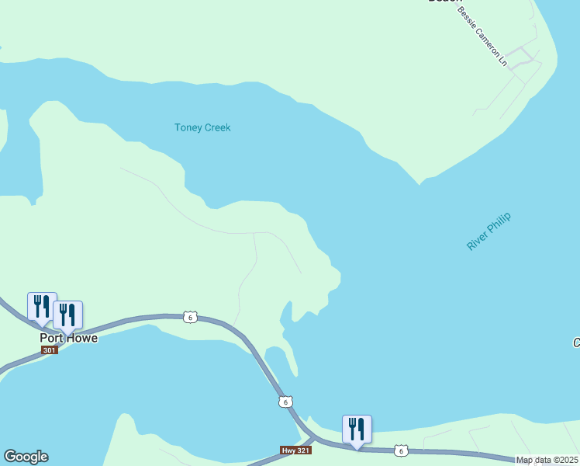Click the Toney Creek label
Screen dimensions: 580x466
click(202, 127)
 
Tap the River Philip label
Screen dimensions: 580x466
click(490, 231)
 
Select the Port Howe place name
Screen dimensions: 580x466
click(69, 339)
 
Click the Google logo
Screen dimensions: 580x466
click(26, 457)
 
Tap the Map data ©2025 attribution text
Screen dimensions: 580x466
click(547, 461)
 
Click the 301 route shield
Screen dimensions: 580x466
click(50, 350)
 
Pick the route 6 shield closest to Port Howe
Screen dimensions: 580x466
click(190, 317)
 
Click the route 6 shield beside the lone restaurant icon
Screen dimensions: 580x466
click(400, 450)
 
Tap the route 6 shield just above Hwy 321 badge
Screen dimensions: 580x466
click(285, 402)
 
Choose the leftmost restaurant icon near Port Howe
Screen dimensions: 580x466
click(42, 307)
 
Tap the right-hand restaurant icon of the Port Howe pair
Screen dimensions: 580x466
click(67, 315)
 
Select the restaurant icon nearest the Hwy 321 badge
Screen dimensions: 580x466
click(357, 429)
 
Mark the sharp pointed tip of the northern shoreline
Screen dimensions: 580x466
click(419, 184)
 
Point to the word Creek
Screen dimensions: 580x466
click(216, 127)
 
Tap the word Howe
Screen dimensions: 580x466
click(81, 339)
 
